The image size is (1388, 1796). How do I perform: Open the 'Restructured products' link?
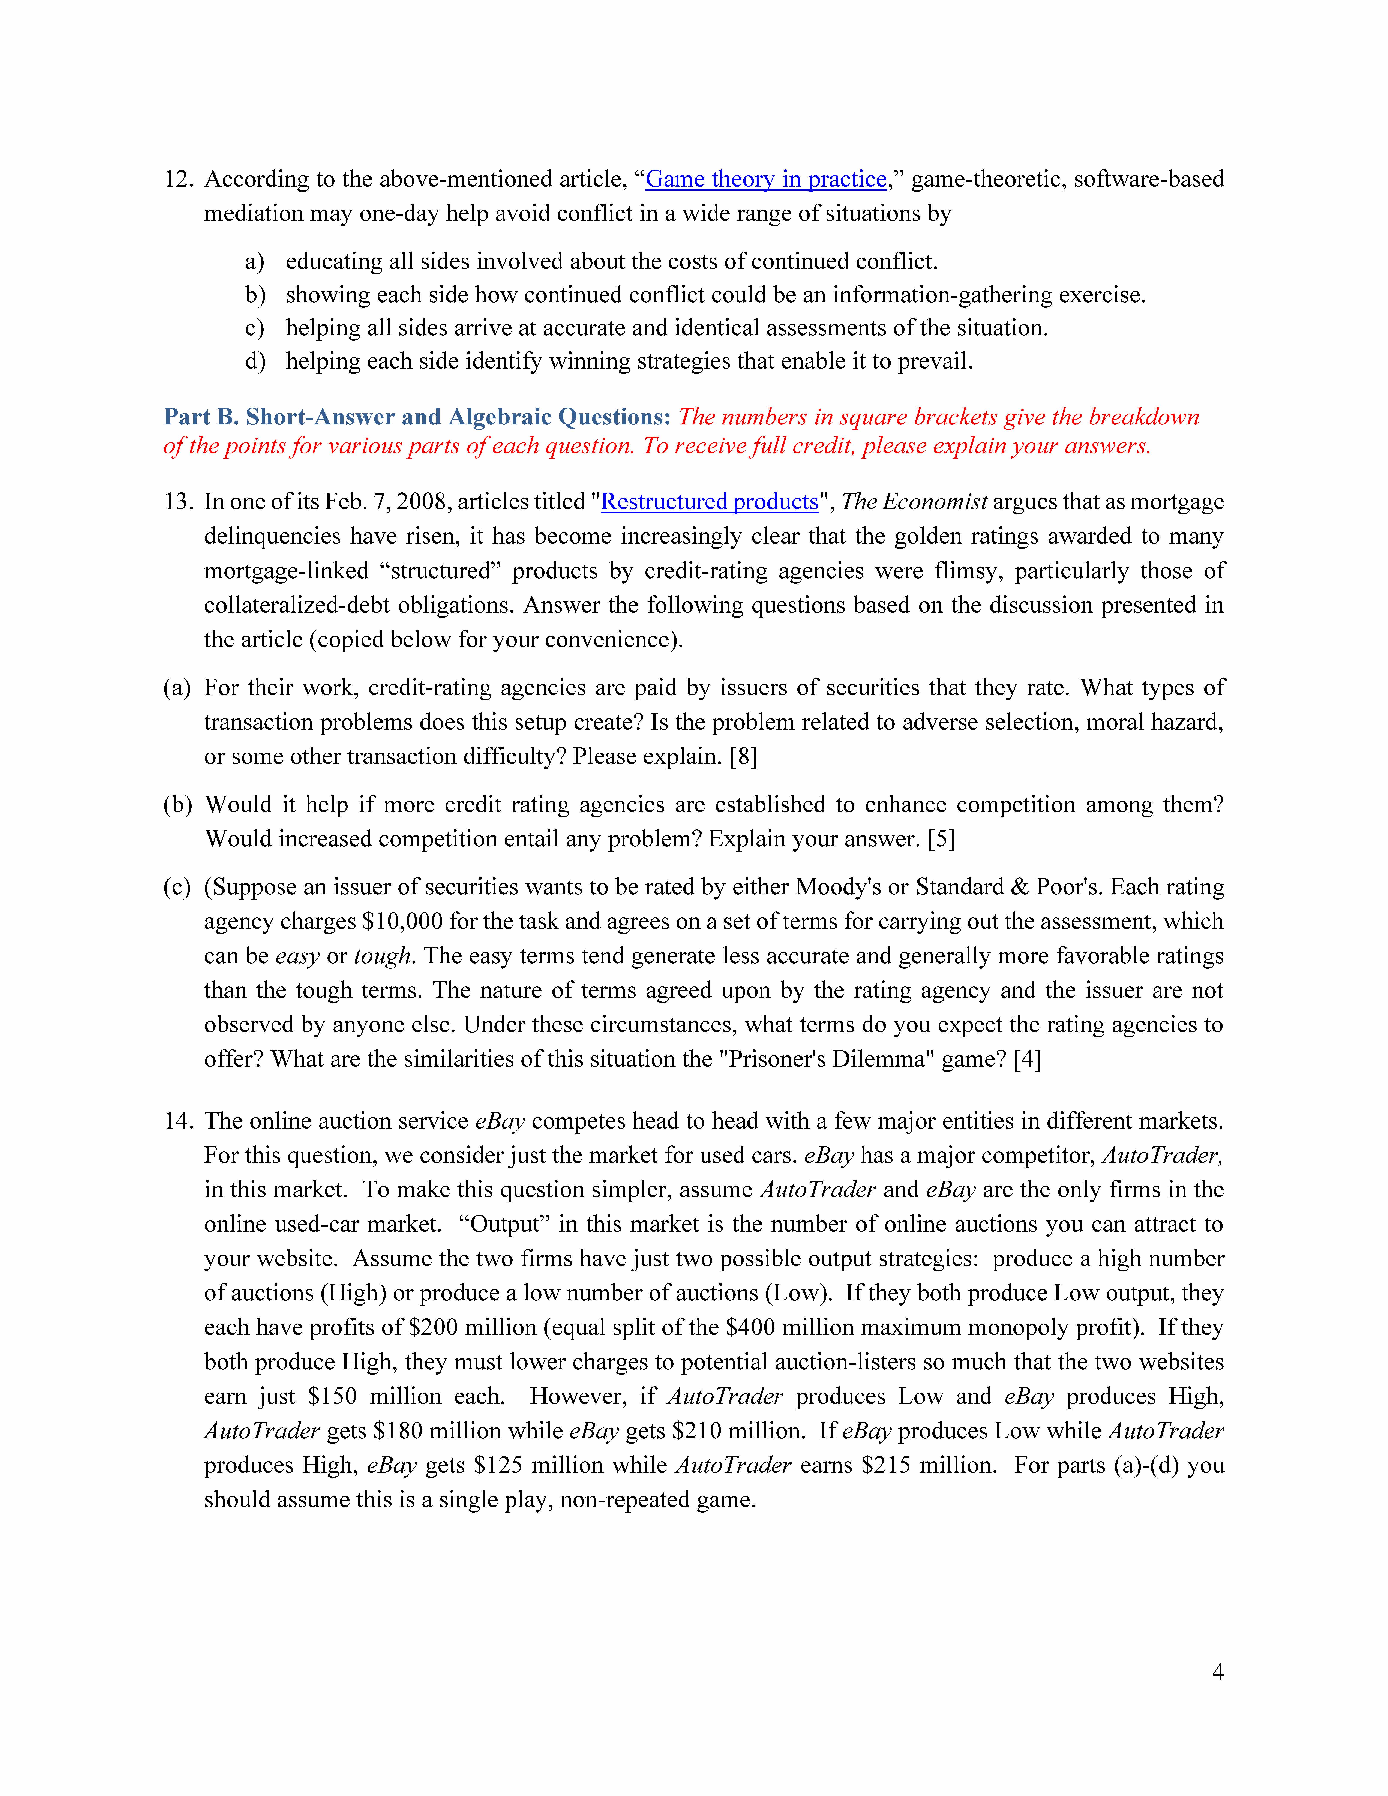710,502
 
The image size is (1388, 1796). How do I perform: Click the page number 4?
1217,1672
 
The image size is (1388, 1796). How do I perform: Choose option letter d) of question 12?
255,361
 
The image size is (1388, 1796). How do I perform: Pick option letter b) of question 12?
255,294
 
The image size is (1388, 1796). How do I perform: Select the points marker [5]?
941,839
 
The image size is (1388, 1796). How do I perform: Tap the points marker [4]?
1027,1059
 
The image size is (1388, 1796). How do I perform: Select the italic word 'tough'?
382,956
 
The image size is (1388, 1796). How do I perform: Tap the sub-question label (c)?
177,886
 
